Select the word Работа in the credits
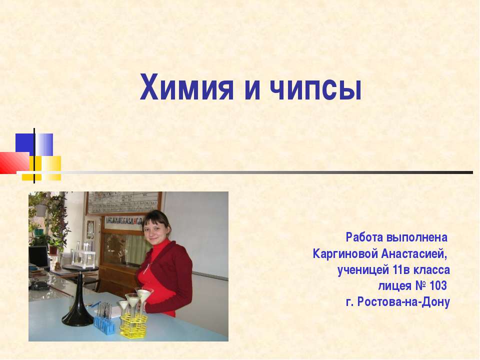coord(363,235)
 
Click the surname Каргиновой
coord(345,253)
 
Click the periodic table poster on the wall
coord(123,203)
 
